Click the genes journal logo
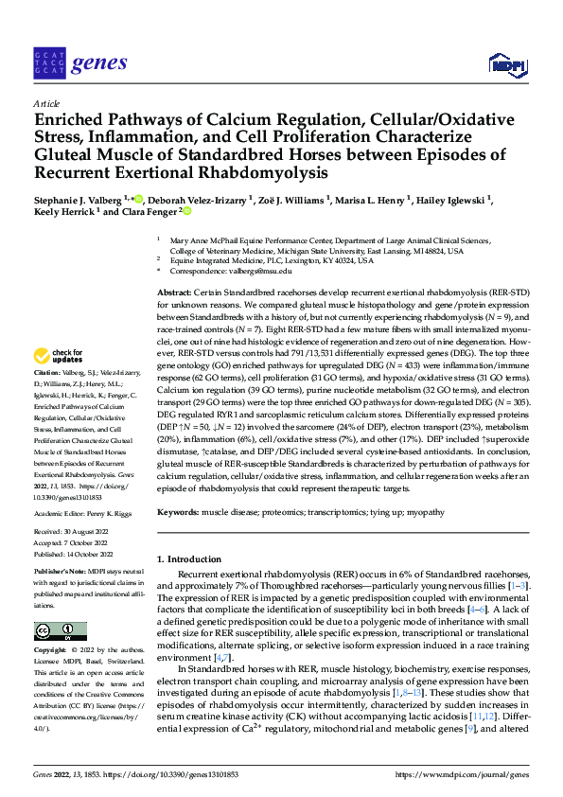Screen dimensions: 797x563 point(79,63)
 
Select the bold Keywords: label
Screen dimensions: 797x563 point(180,511)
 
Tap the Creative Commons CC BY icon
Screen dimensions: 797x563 point(60,631)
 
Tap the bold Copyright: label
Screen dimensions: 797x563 point(53,651)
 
